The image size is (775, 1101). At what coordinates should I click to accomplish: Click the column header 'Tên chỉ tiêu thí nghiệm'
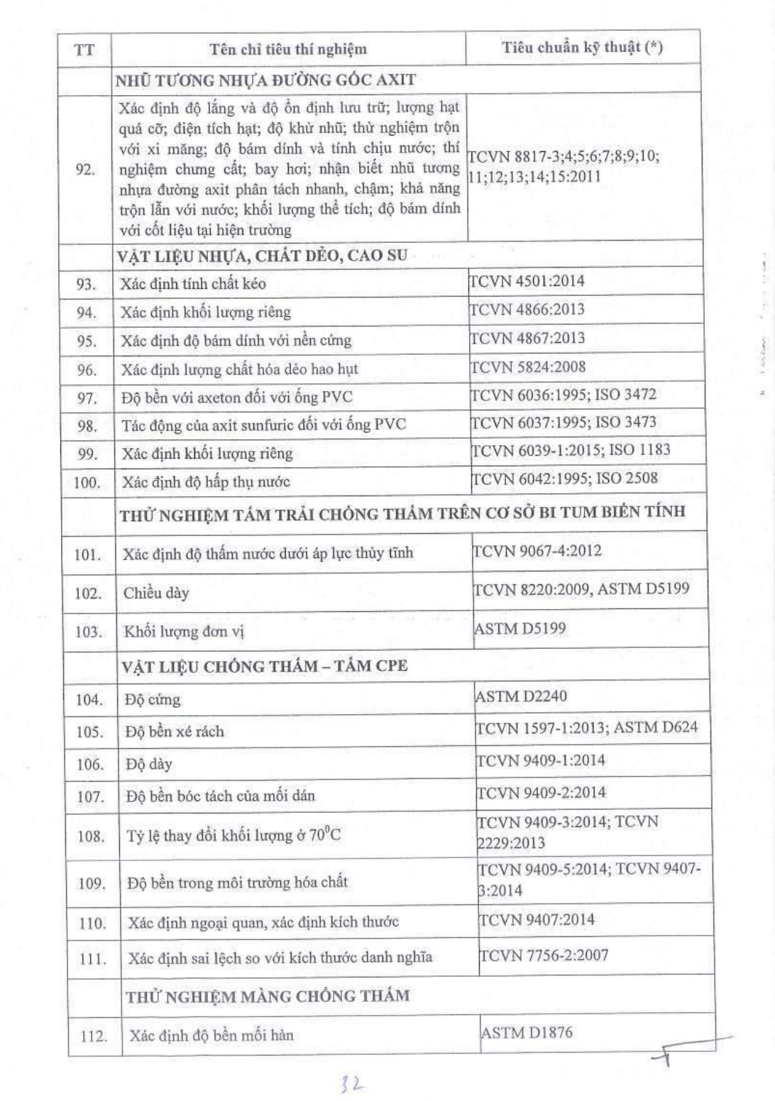click(288, 49)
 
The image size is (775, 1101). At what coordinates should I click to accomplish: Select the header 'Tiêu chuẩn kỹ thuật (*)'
click(582, 48)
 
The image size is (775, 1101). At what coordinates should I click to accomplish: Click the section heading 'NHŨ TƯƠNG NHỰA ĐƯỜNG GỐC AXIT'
click(266, 80)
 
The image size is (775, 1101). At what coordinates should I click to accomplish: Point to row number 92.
click(85, 170)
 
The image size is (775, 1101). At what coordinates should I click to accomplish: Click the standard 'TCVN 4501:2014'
click(528, 281)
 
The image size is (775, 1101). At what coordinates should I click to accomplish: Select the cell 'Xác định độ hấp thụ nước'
click(206, 482)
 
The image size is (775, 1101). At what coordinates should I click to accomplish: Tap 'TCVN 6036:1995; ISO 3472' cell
click(564, 395)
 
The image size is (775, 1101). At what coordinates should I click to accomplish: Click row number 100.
click(87, 483)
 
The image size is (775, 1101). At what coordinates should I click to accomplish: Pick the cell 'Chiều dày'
click(156, 593)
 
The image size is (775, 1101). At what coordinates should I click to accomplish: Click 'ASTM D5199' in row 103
click(520, 628)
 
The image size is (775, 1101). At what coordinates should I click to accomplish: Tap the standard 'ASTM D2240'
click(521, 696)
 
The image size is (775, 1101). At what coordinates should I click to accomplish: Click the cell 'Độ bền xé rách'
click(175, 731)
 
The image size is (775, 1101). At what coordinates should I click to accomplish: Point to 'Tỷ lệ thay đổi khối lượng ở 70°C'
click(233, 835)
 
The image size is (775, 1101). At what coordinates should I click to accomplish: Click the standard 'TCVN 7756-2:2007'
click(544, 955)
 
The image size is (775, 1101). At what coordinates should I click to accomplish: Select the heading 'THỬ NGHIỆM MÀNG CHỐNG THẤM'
click(268, 996)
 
